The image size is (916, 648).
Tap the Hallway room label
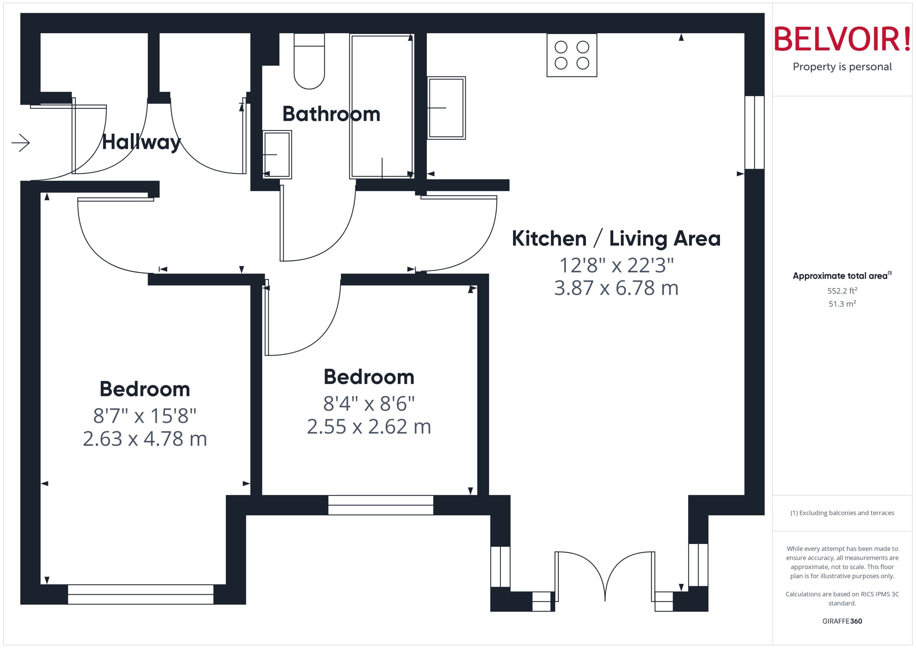click(141, 142)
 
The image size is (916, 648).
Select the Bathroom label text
click(331, 114)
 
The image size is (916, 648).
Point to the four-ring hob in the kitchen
click(572, 55)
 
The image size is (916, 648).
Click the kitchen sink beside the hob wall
click(446, 108)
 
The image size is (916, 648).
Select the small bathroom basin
click(277, 154)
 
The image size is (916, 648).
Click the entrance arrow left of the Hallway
click(21, 143)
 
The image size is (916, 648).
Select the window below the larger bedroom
click(141, 594)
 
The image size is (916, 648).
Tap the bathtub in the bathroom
click(382, 106)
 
